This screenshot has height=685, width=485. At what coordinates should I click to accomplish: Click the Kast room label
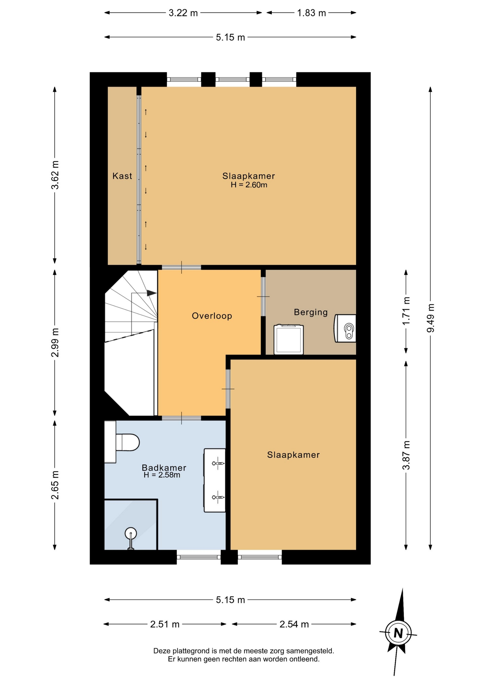click(122, 176)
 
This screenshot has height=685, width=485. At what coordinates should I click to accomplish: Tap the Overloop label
click(212, 316)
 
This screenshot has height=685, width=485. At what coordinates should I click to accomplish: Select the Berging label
click(311, 312)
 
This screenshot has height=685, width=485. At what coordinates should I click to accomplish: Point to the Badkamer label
click(164, 467)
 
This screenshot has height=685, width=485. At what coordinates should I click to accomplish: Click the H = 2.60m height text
click(249, 185)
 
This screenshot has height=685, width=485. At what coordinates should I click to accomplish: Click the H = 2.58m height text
click(162, 475)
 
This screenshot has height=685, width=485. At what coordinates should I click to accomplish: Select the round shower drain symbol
click(131, 533)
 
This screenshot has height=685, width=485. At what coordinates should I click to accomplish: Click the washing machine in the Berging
click(289, 339)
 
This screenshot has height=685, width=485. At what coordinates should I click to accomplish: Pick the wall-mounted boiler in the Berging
click(345, 328)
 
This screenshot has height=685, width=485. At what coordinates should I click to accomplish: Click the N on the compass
click(398, 633)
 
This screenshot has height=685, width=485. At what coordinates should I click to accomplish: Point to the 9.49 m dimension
click(431, 318)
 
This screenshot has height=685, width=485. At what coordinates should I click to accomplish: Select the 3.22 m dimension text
click(183, 13)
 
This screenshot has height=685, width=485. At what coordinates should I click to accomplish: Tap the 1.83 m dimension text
click(311, 13)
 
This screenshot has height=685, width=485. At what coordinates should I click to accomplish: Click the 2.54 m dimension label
click(294, 624)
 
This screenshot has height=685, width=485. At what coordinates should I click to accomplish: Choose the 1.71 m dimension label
click(406, 311)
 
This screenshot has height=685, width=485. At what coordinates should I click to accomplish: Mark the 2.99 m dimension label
click(55, 342)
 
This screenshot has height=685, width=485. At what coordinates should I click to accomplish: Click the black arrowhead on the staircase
click(152, 293)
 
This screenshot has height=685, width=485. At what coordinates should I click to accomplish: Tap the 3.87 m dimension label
click(406, 455)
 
